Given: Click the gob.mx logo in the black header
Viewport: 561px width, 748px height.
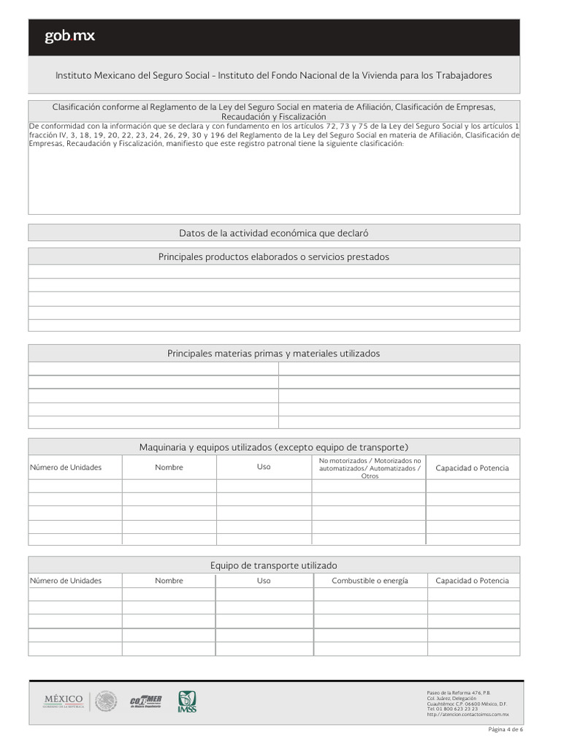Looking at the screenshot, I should (69, 36).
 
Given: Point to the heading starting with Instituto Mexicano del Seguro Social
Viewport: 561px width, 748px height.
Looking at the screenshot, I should (274, 75).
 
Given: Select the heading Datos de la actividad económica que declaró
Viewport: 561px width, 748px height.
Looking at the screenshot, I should (274, 233).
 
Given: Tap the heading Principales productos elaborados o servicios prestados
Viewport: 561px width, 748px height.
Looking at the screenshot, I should (274, 256).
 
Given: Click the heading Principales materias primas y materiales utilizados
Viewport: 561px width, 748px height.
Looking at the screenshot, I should (274, 353).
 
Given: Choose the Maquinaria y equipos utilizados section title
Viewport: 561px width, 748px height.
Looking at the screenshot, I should (274, 446).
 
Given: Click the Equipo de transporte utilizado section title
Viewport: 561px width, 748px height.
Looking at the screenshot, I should (274, 565).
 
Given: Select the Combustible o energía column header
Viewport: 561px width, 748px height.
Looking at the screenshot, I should (370, 581).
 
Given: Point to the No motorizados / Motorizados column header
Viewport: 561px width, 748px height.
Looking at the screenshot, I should (370, 467).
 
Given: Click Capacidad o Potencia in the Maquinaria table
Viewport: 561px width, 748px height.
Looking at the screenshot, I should (472, 467).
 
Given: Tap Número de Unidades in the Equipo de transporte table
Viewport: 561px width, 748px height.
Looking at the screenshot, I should (66, 581).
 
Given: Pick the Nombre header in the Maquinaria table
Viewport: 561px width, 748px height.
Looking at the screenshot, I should (169, 467).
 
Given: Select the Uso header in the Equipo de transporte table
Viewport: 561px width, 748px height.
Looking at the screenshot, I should (264, 581).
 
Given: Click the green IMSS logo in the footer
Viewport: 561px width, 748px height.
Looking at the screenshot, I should (187, 702).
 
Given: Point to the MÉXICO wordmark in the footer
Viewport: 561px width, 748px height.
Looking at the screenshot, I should (64, 701).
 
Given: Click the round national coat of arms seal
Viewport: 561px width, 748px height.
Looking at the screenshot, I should (106, 701).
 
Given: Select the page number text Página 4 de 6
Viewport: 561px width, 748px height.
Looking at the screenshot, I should (505, 730).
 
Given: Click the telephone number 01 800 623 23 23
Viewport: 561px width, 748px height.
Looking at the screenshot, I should (452, 709).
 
